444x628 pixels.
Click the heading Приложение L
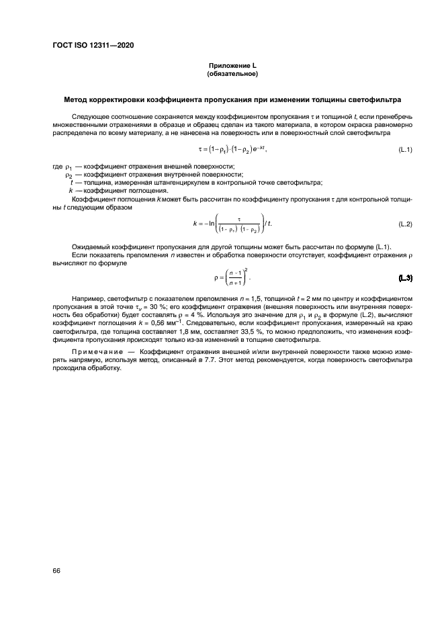[232, 65]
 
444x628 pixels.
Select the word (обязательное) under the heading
[232, 73]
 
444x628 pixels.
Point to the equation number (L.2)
[405, 223]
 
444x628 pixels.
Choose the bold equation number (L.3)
[405, 278]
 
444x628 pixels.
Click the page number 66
[56, 570]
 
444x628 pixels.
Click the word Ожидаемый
[90, 248]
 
